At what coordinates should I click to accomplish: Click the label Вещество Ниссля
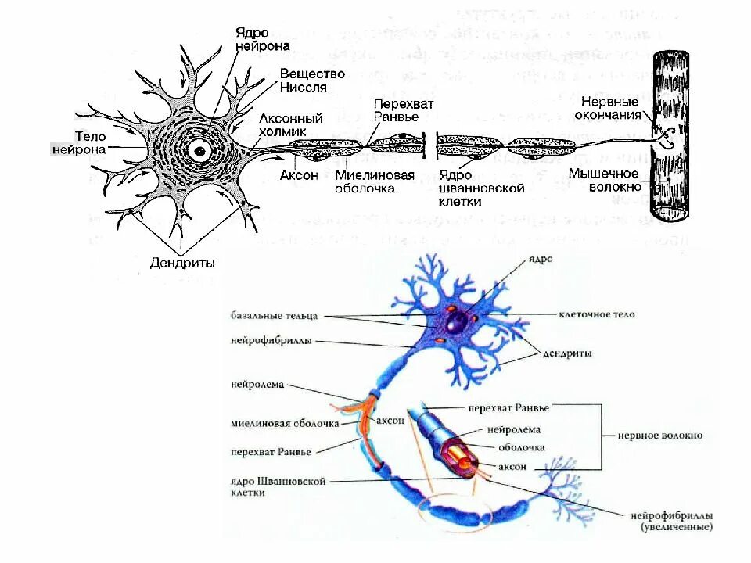pyautogui.click(x=302, y=80)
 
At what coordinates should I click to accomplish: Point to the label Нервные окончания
pyautogui.click(x=610, y=108)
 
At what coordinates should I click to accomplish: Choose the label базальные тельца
pyautogui.click(x=274, y=316)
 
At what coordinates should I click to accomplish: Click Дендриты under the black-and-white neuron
pyautogui.click(x=182, y=263)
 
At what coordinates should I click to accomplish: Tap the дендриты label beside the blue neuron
pyautogui.click(x=567, y=353)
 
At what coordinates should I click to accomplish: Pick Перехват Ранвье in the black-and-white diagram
pyautogui.click(x=403, y=110)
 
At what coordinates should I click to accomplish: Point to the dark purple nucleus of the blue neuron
pyautogui.click(x=456, y=321)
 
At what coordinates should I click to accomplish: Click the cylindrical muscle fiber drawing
pyautogui.click(x=671, y=137)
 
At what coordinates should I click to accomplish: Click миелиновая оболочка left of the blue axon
pyautogui.click(x=285, y=424)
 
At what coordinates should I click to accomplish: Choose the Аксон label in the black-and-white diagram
pyautogui.click(x=299, y=175)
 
